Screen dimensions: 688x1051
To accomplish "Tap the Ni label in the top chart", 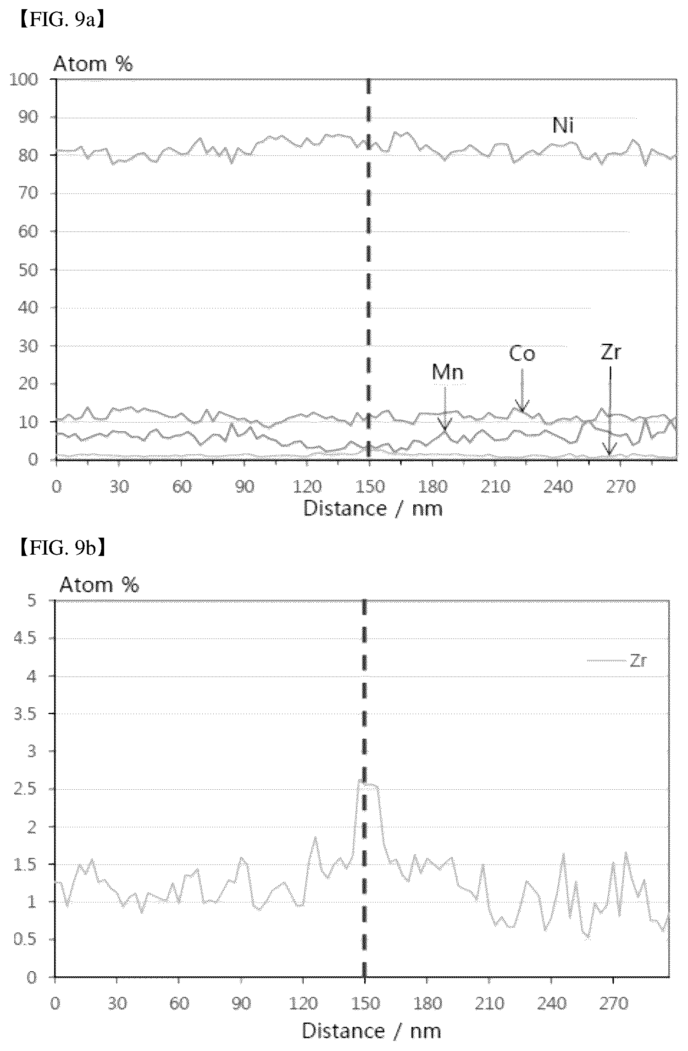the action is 563,126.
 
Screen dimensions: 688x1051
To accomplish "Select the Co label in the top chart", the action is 522,354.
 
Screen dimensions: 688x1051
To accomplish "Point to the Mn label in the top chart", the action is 448,372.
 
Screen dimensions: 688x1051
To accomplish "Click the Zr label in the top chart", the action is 610,353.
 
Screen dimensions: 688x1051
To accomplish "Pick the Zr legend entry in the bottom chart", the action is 617,660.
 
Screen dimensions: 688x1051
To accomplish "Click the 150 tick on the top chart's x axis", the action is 369,486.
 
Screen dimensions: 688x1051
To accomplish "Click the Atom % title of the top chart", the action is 94,64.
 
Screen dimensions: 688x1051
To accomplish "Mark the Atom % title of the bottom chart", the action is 99,585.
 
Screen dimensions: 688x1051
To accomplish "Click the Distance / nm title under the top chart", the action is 373,509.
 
